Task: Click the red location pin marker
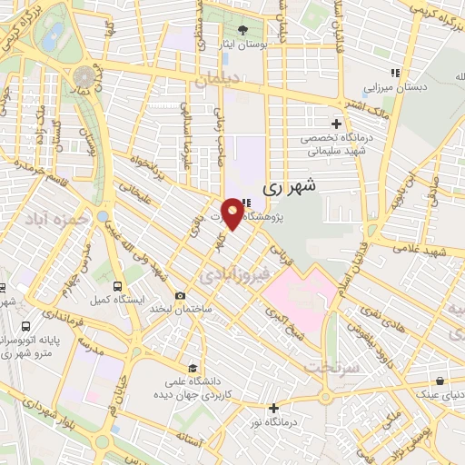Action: click(233, 213)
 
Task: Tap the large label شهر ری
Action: click(292, 189)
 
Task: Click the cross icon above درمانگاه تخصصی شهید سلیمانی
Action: click(337, 124)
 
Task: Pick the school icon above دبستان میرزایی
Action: click(394, 74)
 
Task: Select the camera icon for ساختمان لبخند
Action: click(180, 296)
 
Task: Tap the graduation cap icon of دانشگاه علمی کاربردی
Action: click(192, 368)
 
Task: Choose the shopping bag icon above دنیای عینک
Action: click(440, 381)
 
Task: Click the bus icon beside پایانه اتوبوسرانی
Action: click(25, 324)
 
